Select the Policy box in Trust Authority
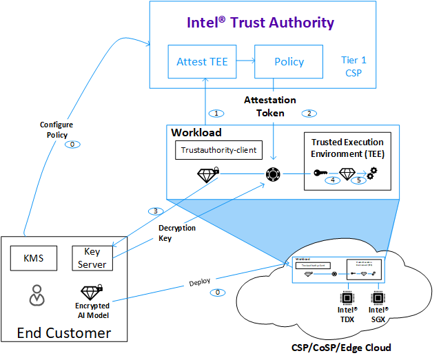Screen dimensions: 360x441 point(289,61)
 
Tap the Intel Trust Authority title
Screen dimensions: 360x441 point(260,23)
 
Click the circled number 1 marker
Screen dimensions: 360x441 point(216,113)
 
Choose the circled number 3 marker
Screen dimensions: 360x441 point(156,211)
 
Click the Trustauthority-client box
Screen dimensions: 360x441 point(212,149)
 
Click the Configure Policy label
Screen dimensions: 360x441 point(57,130)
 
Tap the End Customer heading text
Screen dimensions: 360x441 point(64,334)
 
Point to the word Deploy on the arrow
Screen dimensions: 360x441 point(199,284)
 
